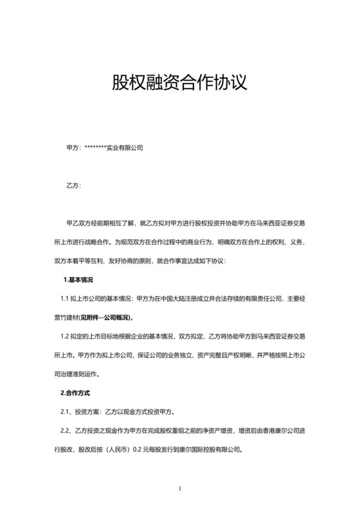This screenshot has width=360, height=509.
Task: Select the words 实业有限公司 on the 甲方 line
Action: (x=125, y=148)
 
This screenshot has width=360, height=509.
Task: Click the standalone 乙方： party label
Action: (x=73, y=186)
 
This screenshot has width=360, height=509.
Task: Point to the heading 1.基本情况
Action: (x=78, y=280)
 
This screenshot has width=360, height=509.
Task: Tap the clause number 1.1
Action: (x=66, y=299)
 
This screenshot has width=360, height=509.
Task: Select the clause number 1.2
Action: (x=66, y=336)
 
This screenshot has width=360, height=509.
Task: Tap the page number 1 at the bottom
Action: (x=180, y=488)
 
